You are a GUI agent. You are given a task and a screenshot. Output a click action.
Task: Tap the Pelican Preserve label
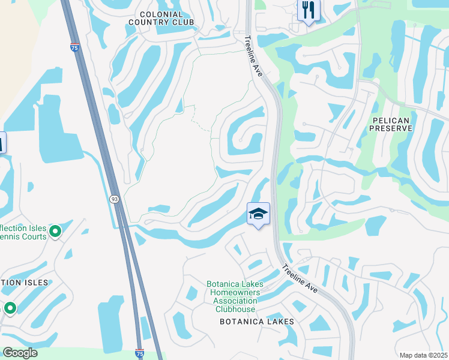(x=391, y=124)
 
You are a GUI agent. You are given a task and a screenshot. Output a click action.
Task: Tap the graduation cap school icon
(x=258, y=214)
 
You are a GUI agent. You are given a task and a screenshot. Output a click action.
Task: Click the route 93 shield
(x=114, y=199)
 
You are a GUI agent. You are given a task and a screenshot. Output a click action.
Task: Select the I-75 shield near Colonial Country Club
(x=74, y=47)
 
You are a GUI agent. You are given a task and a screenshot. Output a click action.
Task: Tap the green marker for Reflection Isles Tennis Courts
(x=55, y=231)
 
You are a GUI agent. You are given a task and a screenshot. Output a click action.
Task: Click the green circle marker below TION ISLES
(x=10, y=308)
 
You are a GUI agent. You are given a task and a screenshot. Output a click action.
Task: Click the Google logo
(x=19, y=353)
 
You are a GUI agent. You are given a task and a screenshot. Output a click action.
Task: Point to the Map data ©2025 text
(x=423, y=355)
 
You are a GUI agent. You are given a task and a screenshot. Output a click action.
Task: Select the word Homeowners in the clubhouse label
(x=239, y=292)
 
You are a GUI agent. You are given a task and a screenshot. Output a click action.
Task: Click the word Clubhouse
(x=235, y=309)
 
